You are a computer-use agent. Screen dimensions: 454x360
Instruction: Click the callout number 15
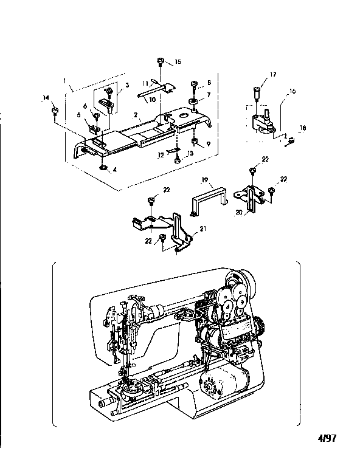(x=178, y=62)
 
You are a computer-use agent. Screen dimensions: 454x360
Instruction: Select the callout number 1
(x=64, y=80)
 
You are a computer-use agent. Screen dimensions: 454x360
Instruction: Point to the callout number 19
(x=205, y=181)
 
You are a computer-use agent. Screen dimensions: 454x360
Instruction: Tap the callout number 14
(x=46, y=97)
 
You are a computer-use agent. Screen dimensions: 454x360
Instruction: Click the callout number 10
(x=152, y=98)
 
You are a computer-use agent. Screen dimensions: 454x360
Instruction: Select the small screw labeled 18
(x=290, y=141)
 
